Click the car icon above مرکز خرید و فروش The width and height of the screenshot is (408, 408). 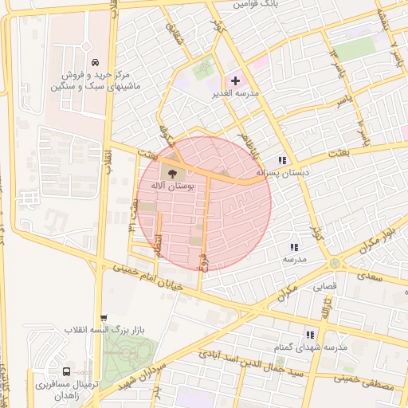[x=95, y=63]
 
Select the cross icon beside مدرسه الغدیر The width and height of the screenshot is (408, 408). [x=235, y=80]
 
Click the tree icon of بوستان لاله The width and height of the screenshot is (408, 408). [x=172, y=172]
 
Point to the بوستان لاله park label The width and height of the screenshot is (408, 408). [x=172, y=185]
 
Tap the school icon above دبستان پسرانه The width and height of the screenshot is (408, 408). [x=282, y=160]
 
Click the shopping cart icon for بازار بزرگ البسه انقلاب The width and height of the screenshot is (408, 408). [x=103, y=317]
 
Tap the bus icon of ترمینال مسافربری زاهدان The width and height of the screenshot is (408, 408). [x=66, y=371]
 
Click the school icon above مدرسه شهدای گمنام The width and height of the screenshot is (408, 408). [x=310, y=335]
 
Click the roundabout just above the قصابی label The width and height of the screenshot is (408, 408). [x=333, y=263]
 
